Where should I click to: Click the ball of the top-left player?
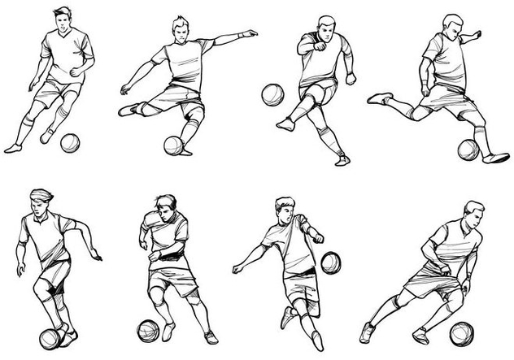[71, 143]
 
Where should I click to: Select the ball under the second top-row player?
[174, 145]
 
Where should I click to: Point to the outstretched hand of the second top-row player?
[250, 34]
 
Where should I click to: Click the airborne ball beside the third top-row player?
[272, 95]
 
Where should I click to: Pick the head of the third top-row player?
[326, 26]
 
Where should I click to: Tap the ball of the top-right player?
[468, 150]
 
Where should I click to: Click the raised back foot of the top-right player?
[378, 98]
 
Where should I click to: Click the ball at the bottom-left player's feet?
[50, 337]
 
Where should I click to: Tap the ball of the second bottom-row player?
[148, 330]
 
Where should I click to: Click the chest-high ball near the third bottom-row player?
[330, 262]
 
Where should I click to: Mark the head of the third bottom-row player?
[284, 209]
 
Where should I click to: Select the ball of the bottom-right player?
[462, 333]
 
